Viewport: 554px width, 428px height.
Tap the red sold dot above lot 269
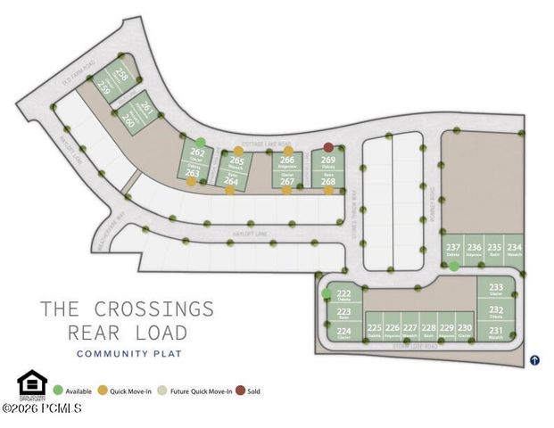coord(328,148)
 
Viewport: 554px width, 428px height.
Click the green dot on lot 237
coord(454,266)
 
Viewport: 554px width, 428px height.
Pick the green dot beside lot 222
coord(327,293)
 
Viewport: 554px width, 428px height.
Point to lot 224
coord(343,332)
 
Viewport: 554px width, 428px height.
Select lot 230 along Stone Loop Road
coord(465,331)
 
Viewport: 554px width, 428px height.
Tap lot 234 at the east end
coord(514,249)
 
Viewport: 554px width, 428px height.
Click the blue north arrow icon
coord(534,360)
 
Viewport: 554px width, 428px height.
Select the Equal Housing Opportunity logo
coord(31,383)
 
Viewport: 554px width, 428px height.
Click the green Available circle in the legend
coord(59,391)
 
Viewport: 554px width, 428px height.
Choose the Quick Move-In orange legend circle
coord(103,391)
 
